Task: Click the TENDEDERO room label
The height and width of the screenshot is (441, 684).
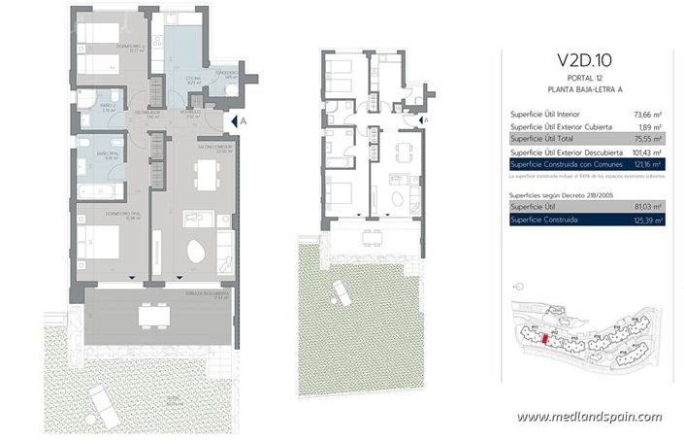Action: pyautogui.click(x=228, y=72)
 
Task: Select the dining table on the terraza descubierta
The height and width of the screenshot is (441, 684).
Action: pyautogui.click(x=149, y=315)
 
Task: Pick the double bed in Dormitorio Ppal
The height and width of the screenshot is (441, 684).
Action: pyautogui.click(x=97, y=241)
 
